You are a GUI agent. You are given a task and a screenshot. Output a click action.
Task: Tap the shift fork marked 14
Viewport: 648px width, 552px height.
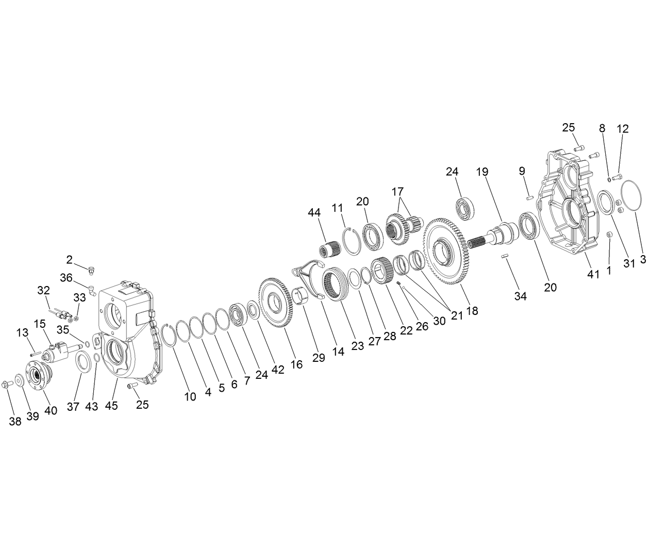coord(311,278)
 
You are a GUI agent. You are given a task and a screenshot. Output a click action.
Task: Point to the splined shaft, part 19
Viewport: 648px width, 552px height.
coord(490,236)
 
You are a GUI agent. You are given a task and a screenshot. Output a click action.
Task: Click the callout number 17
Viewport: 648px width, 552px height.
coord(397,192)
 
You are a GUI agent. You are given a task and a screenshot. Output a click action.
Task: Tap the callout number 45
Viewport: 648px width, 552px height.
coord(111,406)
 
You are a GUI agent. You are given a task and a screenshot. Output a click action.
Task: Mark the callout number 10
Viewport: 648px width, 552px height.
coord(190,396)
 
